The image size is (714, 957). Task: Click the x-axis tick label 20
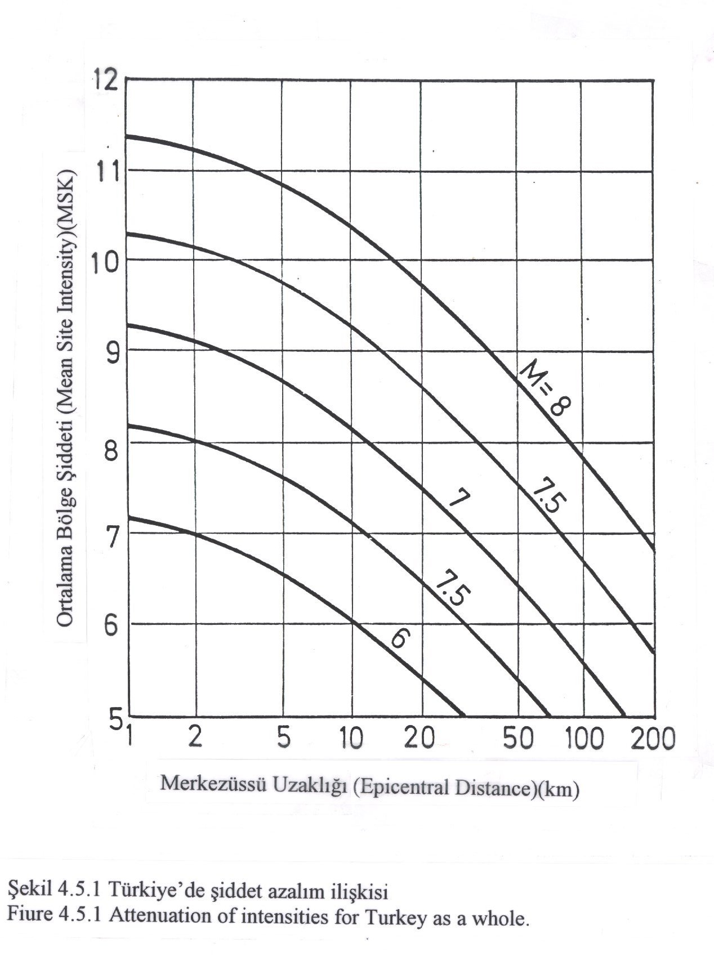tap(420, 738)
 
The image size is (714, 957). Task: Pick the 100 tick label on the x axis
tap(584, 738)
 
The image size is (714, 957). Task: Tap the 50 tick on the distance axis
tap(517, 738)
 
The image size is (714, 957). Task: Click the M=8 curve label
tap(545, 390)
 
